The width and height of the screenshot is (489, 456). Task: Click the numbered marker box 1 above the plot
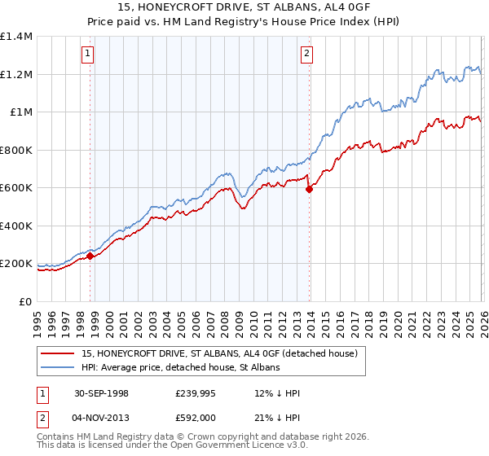87,55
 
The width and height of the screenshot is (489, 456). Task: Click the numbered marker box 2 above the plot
307,55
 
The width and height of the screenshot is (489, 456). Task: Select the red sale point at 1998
90,256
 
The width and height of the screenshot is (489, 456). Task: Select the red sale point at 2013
309,190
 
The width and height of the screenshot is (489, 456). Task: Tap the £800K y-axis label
16,150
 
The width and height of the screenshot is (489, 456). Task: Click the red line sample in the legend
59,354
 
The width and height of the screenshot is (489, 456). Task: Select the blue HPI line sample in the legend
59,368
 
